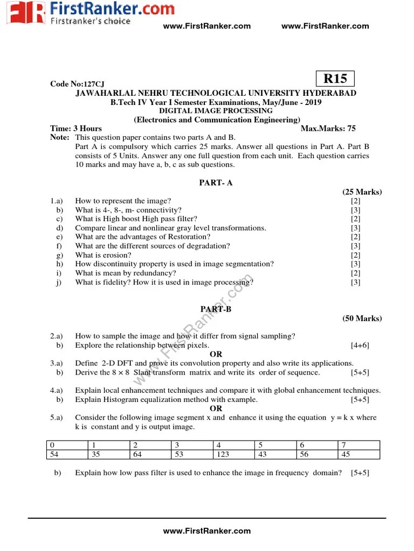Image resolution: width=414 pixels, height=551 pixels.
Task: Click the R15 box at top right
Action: coord(335,79)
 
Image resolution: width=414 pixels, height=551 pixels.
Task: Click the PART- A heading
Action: coord(216,183)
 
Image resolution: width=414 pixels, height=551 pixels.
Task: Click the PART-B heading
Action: coord(216,309)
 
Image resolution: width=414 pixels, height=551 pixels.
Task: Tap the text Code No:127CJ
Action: coord(77,84)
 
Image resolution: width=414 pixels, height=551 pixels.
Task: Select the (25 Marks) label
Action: coord(362,192)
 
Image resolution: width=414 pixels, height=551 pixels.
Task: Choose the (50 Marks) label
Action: coord(362,319)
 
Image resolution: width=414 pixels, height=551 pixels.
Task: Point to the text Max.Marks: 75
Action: coord(328,129)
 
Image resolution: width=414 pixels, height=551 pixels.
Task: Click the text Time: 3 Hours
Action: coord(76,129)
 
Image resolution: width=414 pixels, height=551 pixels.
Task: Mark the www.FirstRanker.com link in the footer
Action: coord(207,531)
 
